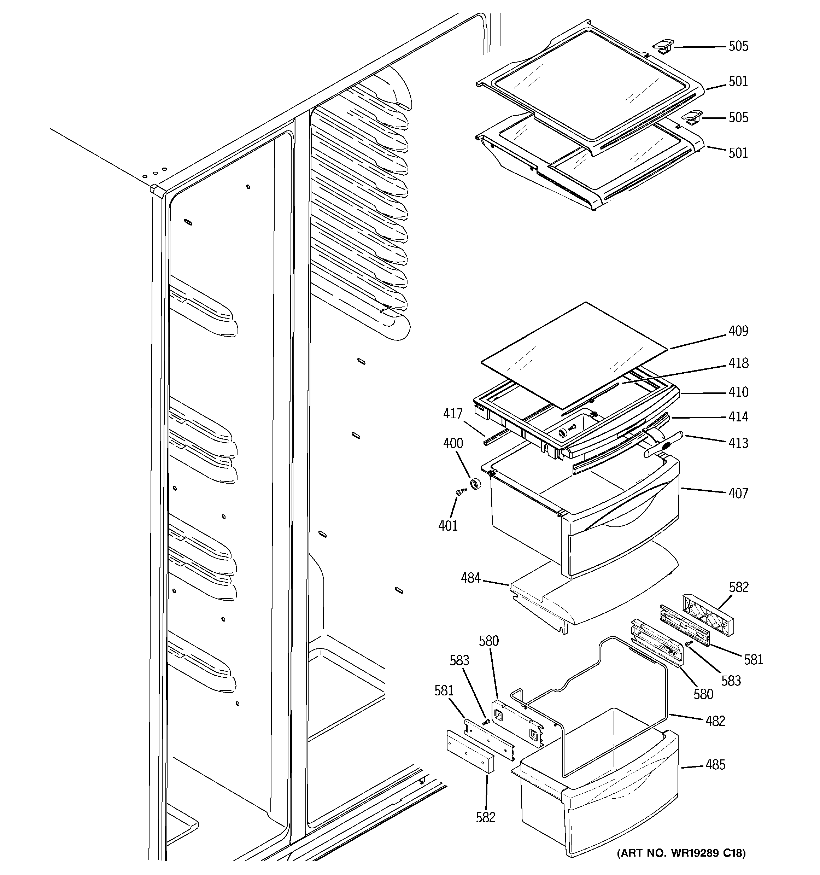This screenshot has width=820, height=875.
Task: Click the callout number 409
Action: (x=738, y=331)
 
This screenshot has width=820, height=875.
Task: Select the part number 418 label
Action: (x=738, y=363)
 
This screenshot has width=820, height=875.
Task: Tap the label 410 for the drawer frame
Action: (x=738, y=392)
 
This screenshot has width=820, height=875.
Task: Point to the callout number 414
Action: (x=738, y=417)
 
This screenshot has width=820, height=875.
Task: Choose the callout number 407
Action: (x=738, y=494)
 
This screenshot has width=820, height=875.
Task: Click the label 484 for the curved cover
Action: (x=470, y=578)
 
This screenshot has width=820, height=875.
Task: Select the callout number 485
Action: (x=715, y=765)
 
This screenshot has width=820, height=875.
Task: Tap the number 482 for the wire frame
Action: (x=715, y=721)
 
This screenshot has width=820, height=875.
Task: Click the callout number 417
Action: (x=453, y=414)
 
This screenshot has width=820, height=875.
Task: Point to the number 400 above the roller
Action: (x=453, y=443)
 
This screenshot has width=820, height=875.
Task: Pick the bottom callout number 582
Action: (x=486, y=817)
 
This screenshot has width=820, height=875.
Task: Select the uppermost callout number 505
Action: (x=738, y=46)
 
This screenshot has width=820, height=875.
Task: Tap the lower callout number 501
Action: (x=738, y=153)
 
